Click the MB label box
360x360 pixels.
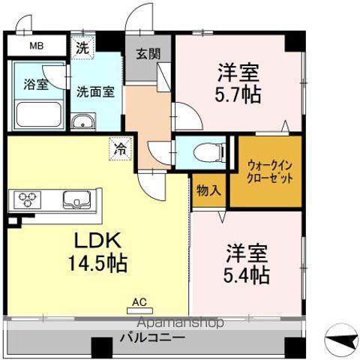click(x=36, y=46)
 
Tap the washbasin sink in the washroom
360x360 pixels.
click(x=82, y=122)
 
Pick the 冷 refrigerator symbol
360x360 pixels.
click(x=120, y=149)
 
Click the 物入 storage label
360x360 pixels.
click(x=208, y=190)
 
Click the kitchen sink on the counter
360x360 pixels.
click(x=77, y=200)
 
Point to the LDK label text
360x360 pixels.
click(x=95, y=241)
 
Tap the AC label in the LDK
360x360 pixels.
click(x=138, y=302)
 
